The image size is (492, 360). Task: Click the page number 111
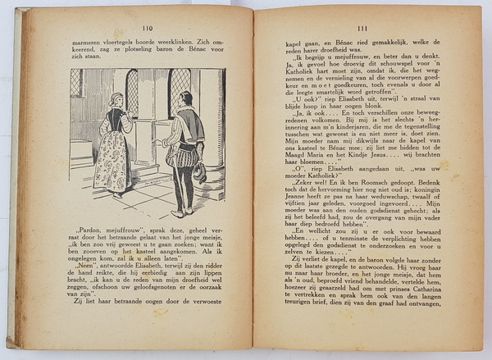(367, 27)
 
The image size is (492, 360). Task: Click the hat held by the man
(199, 172)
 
